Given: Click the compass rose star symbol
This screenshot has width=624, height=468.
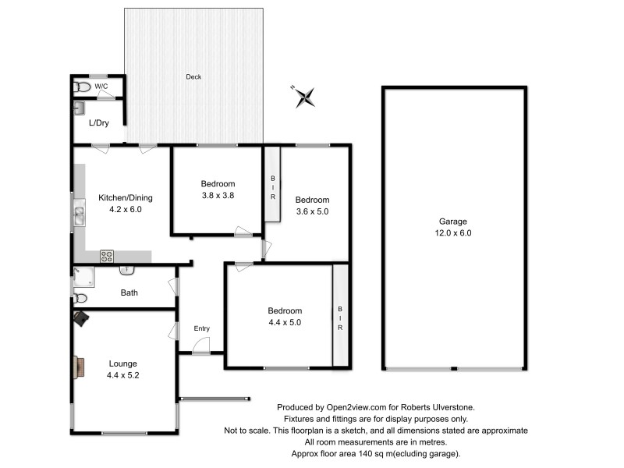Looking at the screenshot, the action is pos(305,97).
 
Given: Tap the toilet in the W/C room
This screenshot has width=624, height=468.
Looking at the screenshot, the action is pos(82,87).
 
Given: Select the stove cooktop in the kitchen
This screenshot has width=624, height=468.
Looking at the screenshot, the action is pos(107,256).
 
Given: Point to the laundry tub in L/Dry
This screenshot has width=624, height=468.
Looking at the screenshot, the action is pos(80,108).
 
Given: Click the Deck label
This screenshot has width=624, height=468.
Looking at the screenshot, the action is pos(193,76).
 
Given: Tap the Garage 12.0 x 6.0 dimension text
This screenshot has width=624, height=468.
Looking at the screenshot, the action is pos(453,232).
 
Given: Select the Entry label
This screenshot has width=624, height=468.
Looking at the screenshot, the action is pos(202,328).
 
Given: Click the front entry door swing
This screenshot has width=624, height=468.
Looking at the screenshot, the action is pos(201,345).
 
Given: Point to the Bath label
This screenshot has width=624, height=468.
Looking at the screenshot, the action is pos(129,292).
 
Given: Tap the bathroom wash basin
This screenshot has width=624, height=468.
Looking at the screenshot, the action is pos(127,271).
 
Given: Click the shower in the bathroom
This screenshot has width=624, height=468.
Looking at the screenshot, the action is pos(84,277).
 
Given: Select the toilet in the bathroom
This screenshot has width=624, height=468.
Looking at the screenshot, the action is pos(80,298).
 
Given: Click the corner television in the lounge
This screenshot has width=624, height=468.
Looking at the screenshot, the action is pos(81,319).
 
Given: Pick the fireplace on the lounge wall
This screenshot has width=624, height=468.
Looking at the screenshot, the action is pos(80,367).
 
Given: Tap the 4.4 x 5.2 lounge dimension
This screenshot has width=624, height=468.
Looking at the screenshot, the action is pos(123,375).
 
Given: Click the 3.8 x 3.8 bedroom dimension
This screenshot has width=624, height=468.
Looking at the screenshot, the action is pos(218,196).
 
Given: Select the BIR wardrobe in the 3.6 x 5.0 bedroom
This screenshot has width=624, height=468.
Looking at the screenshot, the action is pos(272,185).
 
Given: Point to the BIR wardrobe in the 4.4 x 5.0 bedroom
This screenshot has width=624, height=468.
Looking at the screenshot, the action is pos(340,315).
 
